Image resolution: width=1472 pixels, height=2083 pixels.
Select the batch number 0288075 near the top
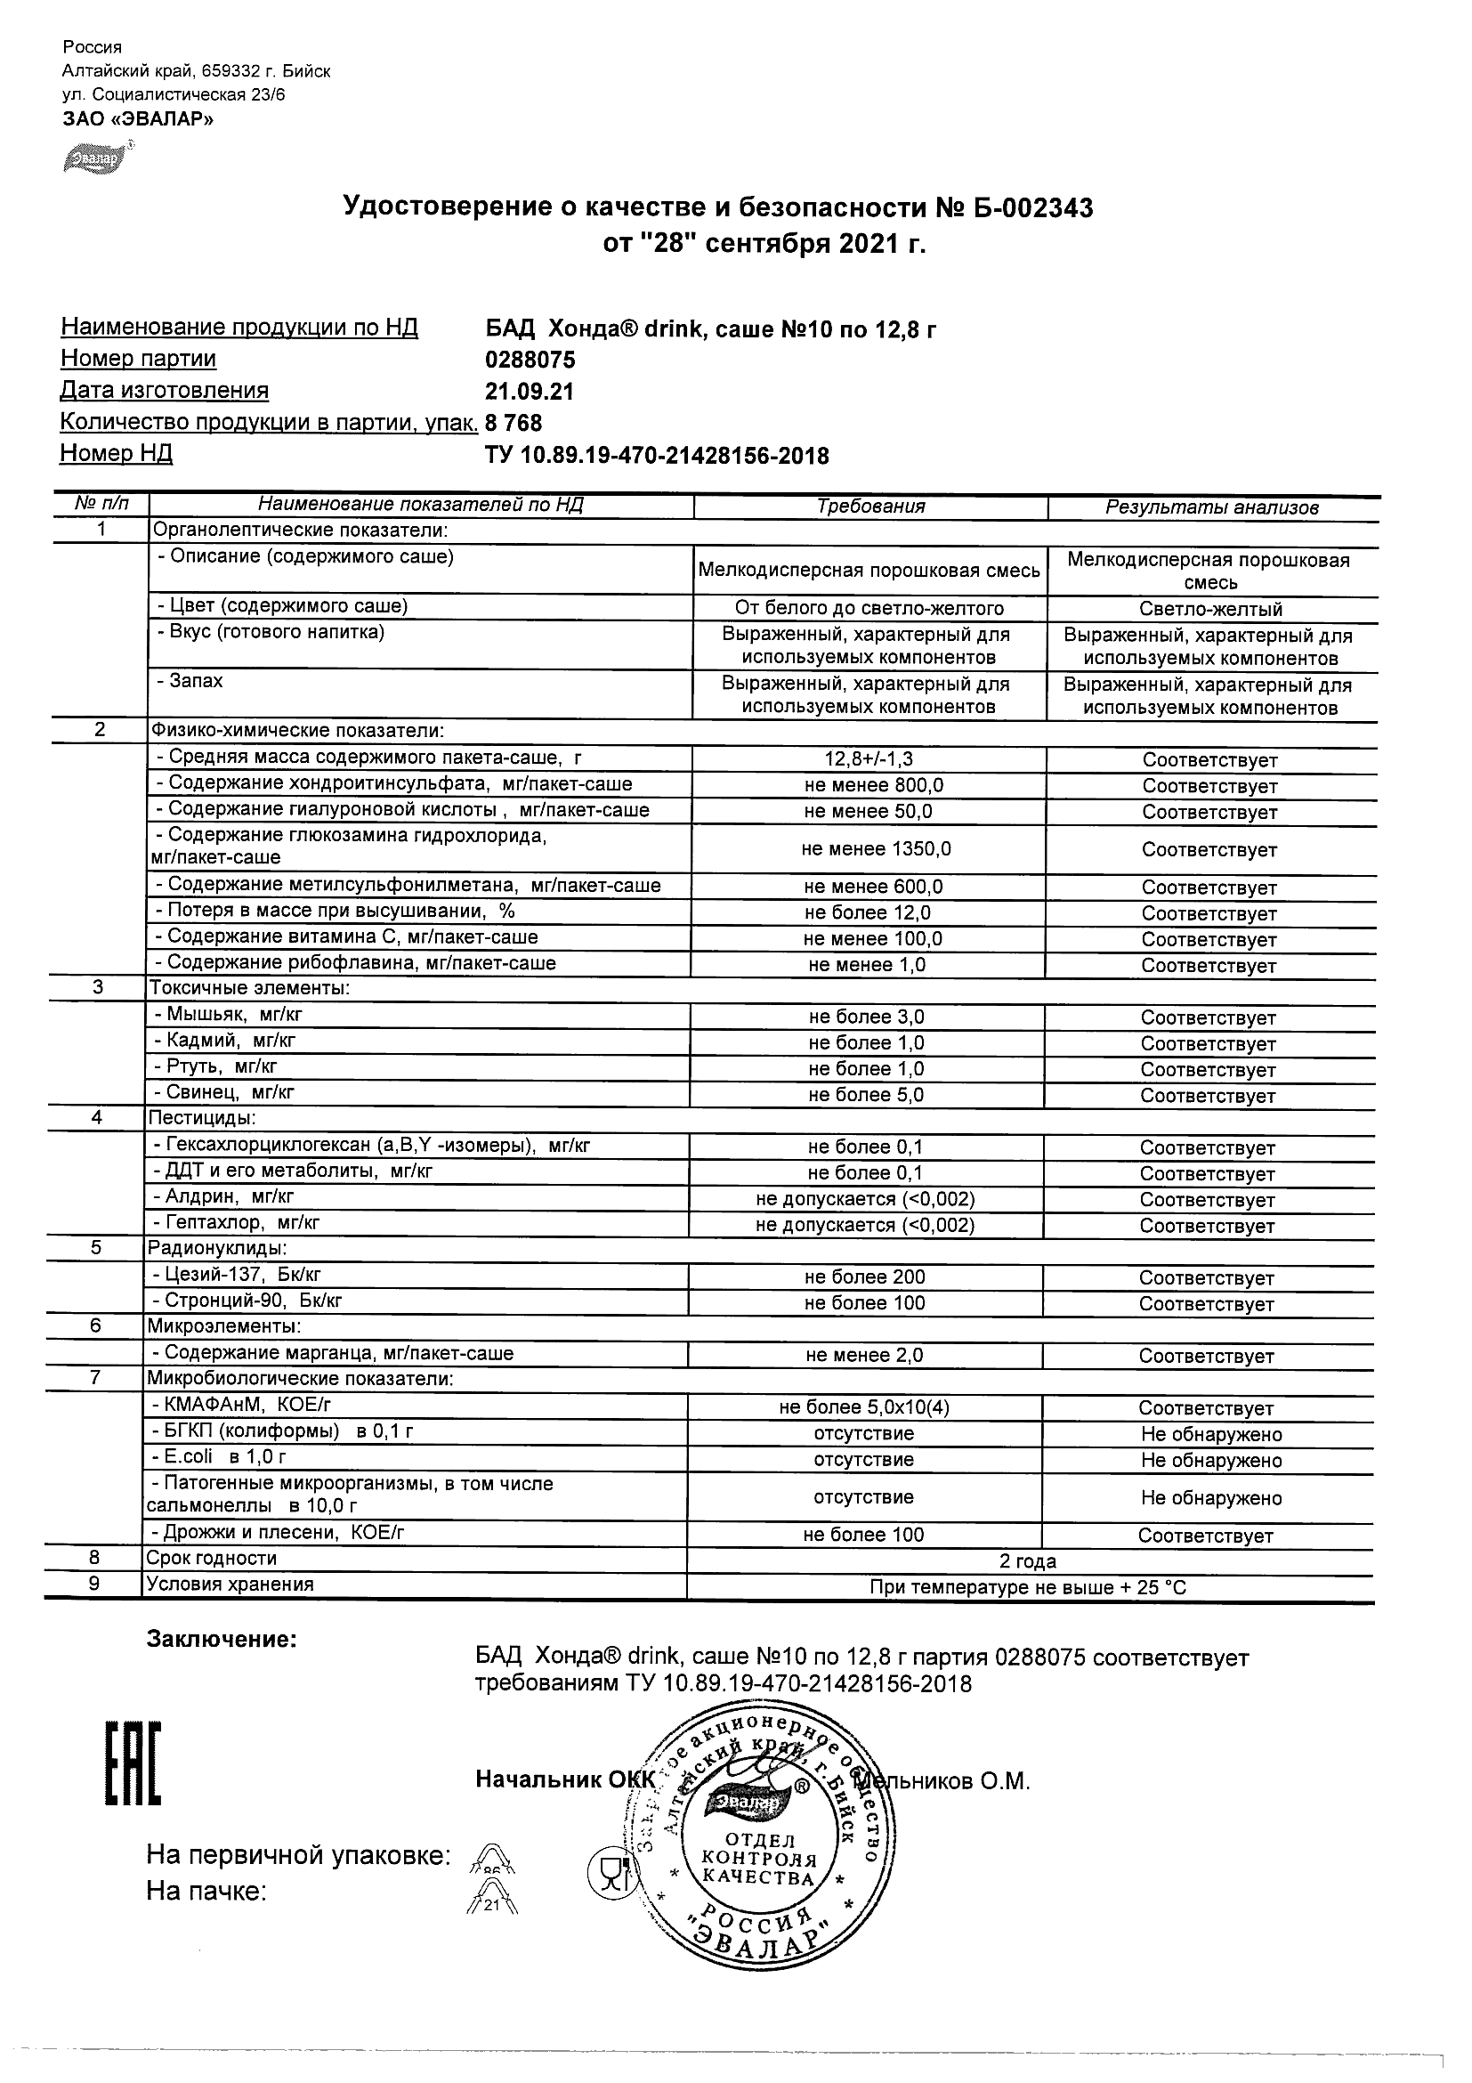click(x=530, y=361)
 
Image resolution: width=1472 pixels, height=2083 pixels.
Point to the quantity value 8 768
click(x=514, y=423)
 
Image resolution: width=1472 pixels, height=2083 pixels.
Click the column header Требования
click(x=869, y=507)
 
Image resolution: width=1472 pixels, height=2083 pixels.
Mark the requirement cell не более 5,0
click(x=866, y=1095)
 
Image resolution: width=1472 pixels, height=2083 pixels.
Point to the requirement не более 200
click(x=864, y=1277)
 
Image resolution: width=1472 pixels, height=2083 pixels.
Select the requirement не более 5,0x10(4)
click(x=864, y=1407)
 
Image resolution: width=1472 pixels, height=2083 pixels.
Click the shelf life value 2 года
click(x=1028, y=1561)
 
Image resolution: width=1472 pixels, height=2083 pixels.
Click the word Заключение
click(x=222, y=1640)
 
